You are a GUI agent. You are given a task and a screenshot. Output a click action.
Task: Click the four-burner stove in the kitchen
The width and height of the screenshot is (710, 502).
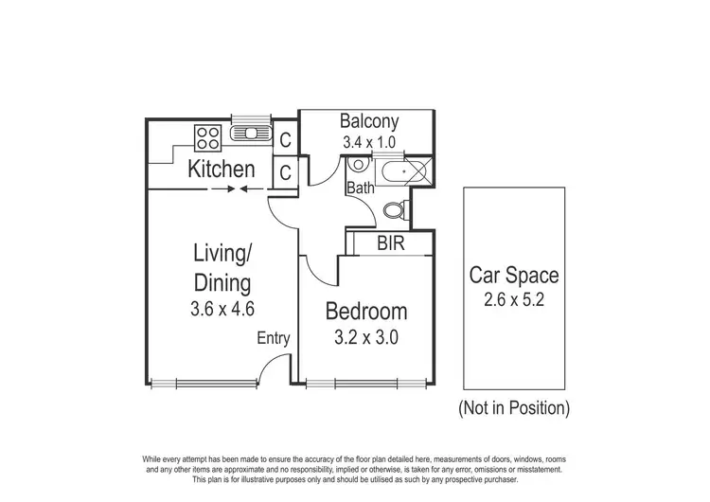[x=207, y=138]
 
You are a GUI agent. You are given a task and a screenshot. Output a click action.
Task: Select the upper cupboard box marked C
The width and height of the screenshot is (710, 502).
[x=285, y=139]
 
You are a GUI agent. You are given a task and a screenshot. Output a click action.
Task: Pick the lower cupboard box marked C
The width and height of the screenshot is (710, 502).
[x=285, y=172]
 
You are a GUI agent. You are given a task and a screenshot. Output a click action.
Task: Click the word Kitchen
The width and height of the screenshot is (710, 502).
[x=222, y=170]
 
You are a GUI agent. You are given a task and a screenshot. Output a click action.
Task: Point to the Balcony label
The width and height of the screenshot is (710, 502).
[x=369, y=122]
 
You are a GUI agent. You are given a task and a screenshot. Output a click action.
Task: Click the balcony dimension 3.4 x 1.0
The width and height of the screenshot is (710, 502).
[x=369, y=143]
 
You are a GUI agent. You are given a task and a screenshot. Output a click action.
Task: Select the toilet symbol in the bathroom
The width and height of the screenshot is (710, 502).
[x=399, y=209]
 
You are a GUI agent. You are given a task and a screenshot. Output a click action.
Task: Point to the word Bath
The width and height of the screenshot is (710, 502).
[x=360, y=188]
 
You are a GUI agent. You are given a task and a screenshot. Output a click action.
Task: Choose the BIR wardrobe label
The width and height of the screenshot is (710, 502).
[x=391, y=243]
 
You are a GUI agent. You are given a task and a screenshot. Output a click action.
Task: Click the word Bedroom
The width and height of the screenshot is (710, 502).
[x=366, y=311]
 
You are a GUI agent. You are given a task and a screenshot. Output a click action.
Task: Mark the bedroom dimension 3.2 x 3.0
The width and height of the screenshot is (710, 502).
[x=366, y=336]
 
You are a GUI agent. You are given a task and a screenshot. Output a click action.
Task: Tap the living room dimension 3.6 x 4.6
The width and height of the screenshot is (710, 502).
[x=222, y=308]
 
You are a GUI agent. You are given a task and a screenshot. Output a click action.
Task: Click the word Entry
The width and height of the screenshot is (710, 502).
[x=274, y=338]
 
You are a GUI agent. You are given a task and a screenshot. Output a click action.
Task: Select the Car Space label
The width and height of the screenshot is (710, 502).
[x=514, y=277]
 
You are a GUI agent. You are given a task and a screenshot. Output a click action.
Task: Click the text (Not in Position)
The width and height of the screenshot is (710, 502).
[x=514, y=409]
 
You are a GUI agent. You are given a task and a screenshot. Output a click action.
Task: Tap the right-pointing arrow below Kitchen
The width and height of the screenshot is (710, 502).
[x=220, y=189]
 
